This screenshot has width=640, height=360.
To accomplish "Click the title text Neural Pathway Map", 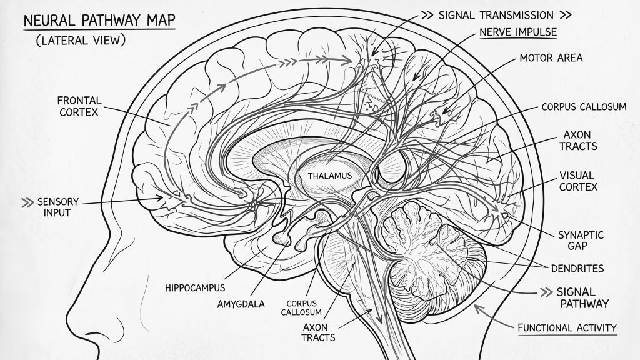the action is point(99,21).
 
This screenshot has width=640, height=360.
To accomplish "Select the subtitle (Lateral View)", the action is point(81,40).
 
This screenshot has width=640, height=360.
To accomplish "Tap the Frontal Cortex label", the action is point(79,106).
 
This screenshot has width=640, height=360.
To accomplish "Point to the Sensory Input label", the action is point(57,207).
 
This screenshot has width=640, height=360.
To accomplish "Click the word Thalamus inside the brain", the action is point(330,176).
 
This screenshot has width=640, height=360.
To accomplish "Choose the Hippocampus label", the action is point(195,287).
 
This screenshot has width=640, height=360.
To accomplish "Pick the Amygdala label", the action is point(241,304).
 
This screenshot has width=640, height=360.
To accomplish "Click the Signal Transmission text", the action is point(496,16).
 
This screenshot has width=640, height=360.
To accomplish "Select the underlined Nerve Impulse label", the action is point(518,32).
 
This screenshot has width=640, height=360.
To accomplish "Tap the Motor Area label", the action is point(551,58).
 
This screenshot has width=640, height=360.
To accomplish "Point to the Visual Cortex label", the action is point(578,181).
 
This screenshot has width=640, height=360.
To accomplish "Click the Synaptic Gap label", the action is point(581,241).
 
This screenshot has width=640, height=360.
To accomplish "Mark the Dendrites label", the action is point(577,269).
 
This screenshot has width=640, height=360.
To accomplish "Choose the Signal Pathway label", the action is point(582,298).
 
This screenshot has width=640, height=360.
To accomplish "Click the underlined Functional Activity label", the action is point(567,327).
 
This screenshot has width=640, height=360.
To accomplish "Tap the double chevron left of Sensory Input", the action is point(27,202).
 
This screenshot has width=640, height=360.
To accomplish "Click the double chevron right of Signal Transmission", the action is point(565,16).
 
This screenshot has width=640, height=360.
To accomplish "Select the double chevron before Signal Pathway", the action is point(546,292).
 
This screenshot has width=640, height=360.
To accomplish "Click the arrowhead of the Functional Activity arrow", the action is point(477,309).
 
